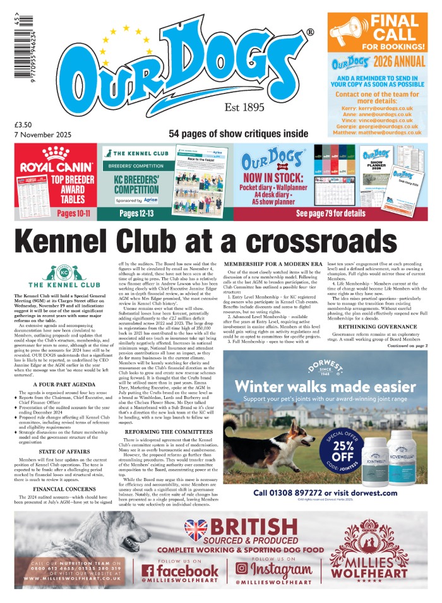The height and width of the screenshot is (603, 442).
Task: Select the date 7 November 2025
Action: pos(42,134)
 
